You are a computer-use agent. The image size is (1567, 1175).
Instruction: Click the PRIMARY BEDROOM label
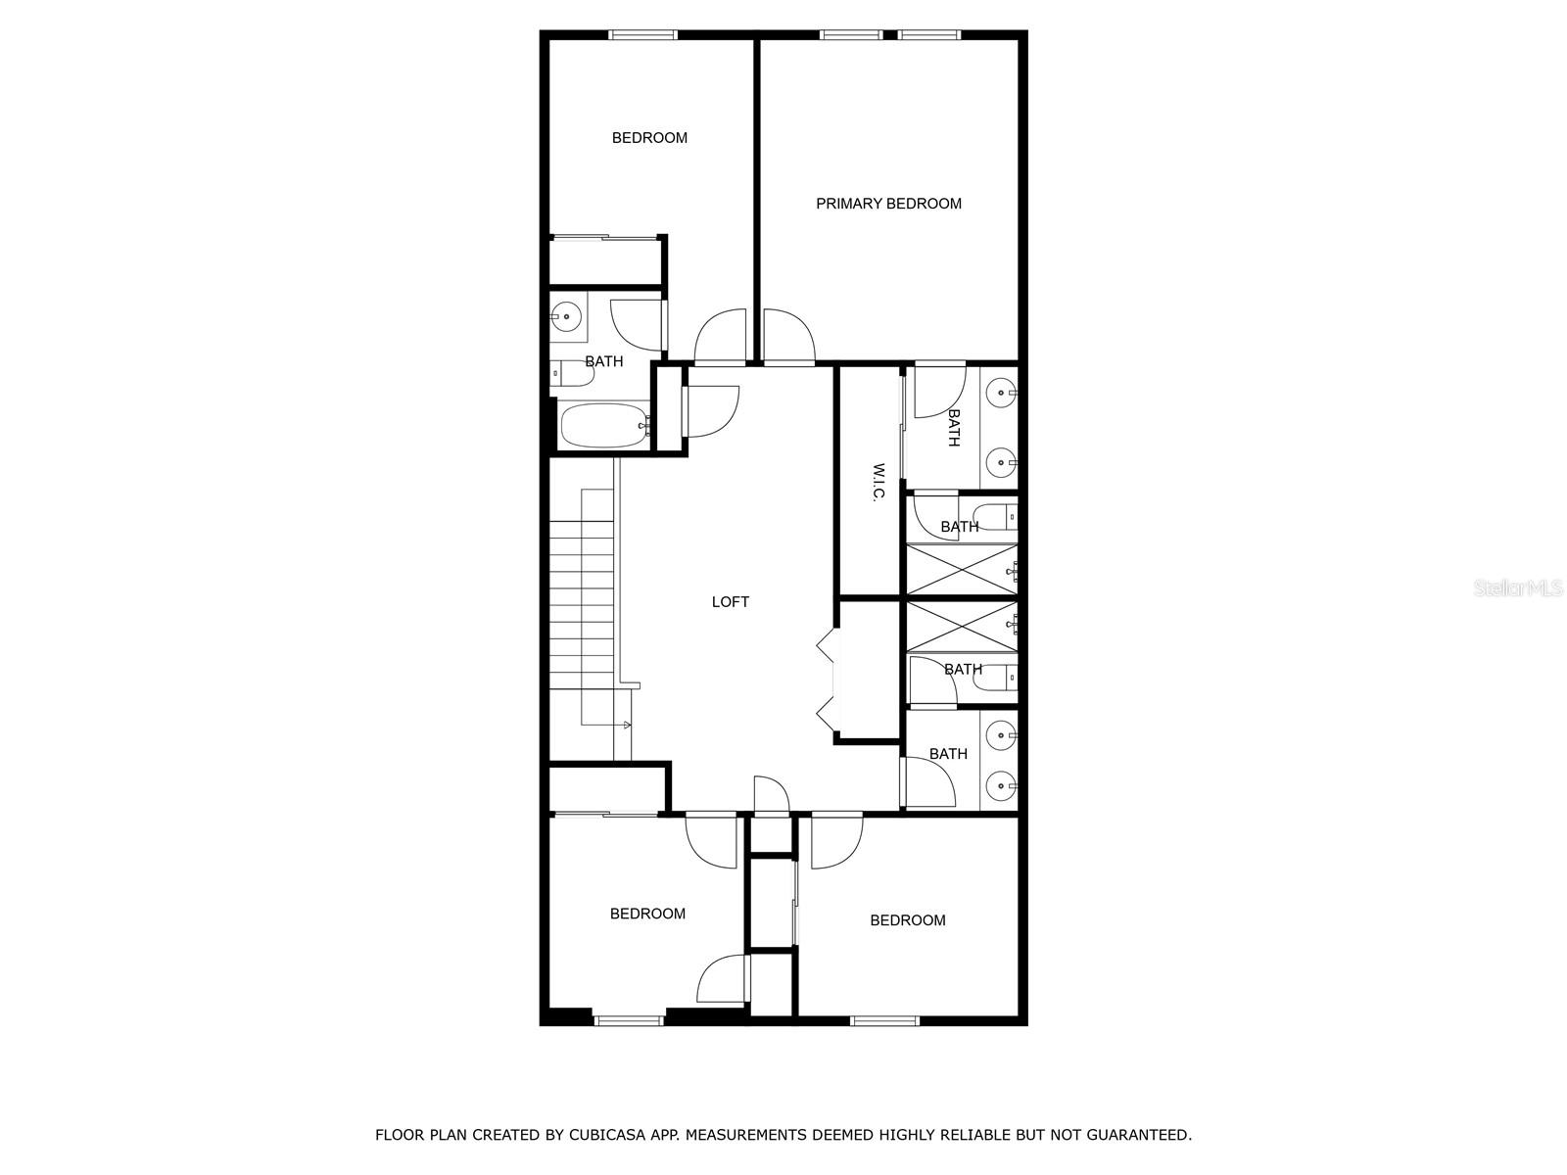coord(888,204)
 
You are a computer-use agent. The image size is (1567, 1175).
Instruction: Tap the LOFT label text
coord(730,602)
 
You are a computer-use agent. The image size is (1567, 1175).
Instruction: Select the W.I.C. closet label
coord(878,482)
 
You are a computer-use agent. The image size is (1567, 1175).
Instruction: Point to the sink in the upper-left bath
coord(565,316)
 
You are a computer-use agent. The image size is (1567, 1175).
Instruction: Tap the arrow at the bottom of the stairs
coord(627,725)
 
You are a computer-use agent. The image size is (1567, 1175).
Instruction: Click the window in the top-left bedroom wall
coord(642,35)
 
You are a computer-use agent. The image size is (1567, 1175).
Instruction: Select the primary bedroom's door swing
coord(789,336)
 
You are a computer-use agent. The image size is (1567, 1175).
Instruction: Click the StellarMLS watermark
coord(1518,588)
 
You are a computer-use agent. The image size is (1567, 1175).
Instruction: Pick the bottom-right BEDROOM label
coord(907,920)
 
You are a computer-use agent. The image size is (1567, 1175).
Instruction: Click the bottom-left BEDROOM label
coord(647,914)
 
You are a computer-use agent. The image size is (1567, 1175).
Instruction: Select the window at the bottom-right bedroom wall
coord(884,1021)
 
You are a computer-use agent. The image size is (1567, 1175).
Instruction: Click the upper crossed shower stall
coord(960,569)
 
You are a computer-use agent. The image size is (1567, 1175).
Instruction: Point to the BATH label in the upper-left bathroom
coord(603,361)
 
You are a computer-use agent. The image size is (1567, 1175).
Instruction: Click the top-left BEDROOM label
coord(649,138)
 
